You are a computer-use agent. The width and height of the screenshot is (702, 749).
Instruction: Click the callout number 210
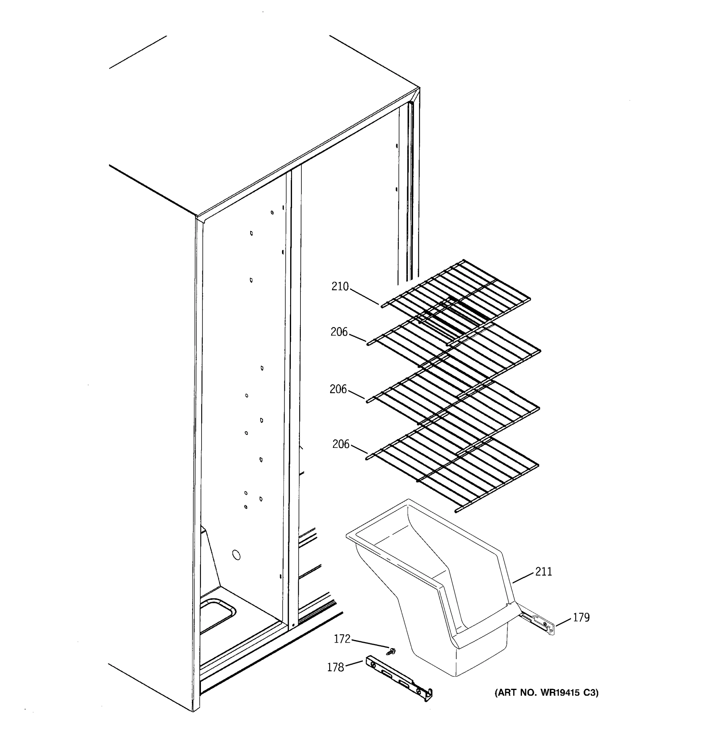[x=340, y=287]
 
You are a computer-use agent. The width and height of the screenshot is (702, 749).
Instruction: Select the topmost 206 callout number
[x=339, y=332]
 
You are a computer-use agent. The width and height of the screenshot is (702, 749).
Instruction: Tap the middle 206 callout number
[x=338, y=389]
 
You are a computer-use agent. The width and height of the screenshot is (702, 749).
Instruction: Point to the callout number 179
[x=581, y=618]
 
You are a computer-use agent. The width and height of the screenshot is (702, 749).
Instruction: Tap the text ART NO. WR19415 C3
[x=546, y=693]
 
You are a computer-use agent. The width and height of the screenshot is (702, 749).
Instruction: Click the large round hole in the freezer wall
[x=236, y=555]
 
